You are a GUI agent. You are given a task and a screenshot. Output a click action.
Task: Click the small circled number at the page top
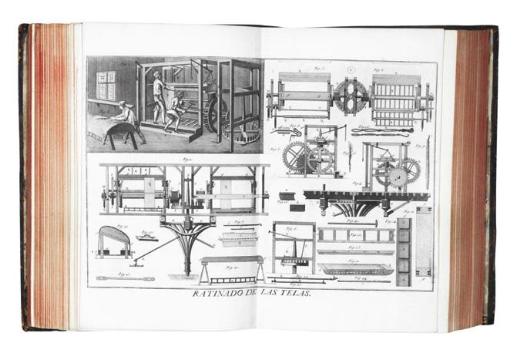[351, 69]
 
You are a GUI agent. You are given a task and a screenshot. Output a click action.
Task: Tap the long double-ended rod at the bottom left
[125, 278]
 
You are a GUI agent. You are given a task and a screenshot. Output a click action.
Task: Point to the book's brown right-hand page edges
[468, 177]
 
